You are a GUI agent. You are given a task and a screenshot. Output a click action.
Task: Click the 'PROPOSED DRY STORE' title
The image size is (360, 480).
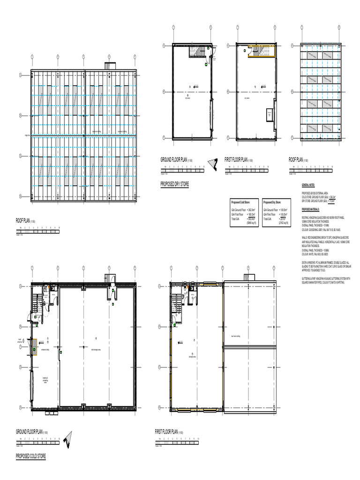click(175, 185)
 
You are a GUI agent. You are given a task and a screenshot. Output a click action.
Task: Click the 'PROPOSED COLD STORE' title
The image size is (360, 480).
click(31, 456)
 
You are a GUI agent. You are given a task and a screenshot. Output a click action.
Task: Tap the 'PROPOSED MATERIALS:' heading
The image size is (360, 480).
click(311, 209)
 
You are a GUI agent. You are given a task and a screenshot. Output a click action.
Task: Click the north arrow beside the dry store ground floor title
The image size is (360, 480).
click(214, 162)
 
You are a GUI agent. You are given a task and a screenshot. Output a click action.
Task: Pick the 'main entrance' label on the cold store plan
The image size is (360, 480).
click(20, 341)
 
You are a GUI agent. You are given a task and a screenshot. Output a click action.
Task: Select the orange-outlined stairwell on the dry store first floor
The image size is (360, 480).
click(261, 52)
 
